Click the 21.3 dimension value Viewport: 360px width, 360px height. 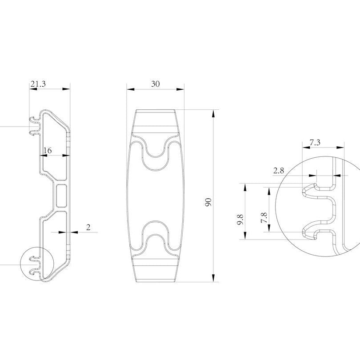coord(38,83)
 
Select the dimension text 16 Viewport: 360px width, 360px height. coord(48,151)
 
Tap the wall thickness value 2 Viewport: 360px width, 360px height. coord(88,227)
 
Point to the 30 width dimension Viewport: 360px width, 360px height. coord(156,84)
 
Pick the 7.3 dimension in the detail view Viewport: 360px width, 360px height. coord(315,142)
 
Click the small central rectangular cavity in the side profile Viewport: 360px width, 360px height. coord(62,196)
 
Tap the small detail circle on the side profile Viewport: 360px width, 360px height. coord(37,264)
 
